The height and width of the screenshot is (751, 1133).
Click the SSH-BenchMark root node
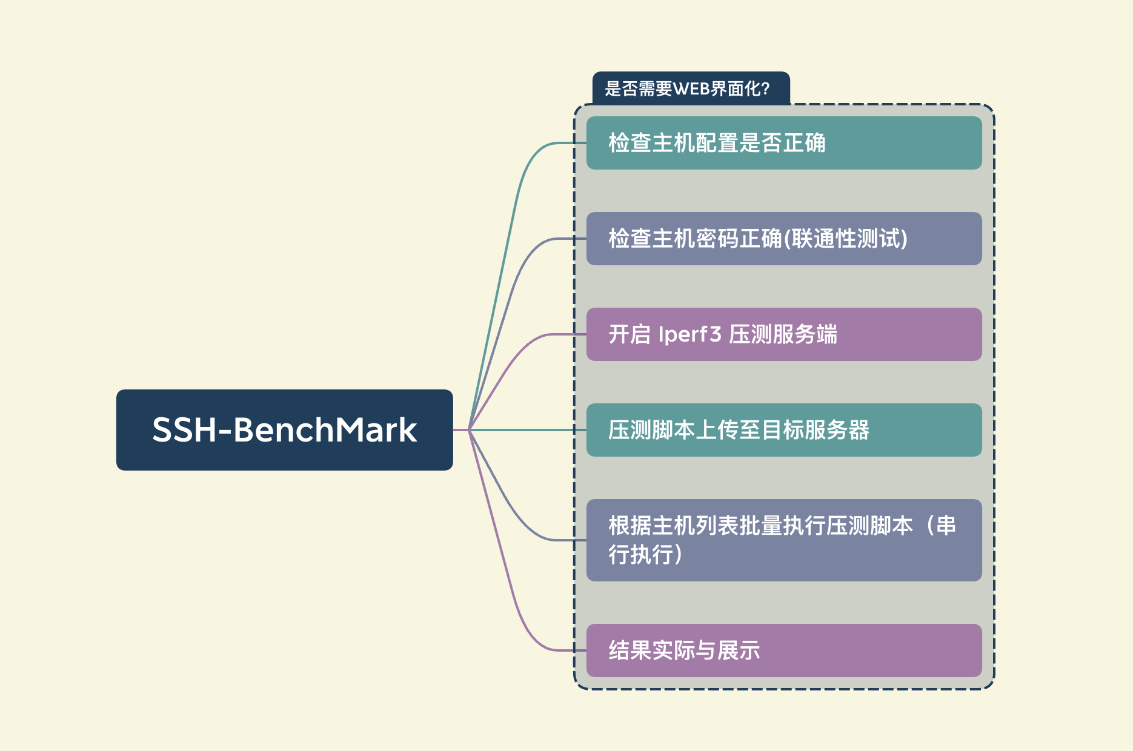click(x=284, y=430)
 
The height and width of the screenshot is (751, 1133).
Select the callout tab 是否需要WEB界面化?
click(x=691, y=88)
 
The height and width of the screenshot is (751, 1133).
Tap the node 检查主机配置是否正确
click(x=784, y=143)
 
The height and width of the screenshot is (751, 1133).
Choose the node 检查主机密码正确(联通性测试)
click(x=784, y=239)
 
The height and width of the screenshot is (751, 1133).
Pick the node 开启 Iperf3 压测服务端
click(x=784, y=334)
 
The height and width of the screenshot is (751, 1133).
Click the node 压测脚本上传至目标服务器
click(x=784, y=430)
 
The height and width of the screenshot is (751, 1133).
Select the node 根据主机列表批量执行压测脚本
click(x=784, y=540)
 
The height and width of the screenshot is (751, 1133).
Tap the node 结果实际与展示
click(x=784, y=650)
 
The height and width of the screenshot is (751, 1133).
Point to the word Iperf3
click(x=689, y=334)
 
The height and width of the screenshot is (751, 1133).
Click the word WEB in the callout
click(x=691, y=89)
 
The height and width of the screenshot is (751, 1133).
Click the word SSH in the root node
click(x=184, y=430)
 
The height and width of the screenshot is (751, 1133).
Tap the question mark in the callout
click(x=765, y=89)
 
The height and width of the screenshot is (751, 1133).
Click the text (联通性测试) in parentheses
click(x=846, y=239)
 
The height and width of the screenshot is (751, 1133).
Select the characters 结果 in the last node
click(x=630, y=650)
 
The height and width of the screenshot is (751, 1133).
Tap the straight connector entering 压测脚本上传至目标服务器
click(x=527, y=430)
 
